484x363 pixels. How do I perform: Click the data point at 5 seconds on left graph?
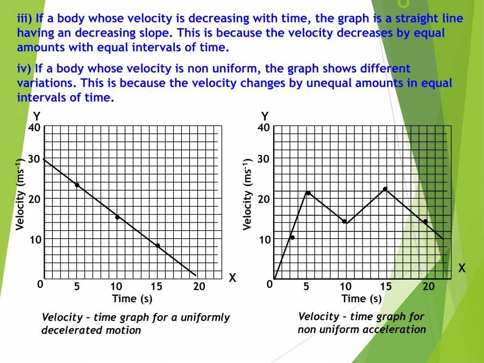pos(77,185)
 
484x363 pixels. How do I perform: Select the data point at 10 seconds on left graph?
pos(117,217)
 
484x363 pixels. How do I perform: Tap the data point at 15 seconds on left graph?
pos(158,245)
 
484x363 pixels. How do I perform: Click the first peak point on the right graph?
pos(308,193)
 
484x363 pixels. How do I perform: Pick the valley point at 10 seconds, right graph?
pos(345,221)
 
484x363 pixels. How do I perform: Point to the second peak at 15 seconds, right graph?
pos(385,189)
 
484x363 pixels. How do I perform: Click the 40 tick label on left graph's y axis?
pos(34,128)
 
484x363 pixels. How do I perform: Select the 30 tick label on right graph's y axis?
pos(264,159)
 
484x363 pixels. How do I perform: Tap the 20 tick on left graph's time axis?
pos(199,286)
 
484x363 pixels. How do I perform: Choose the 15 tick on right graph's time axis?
pos(386,286)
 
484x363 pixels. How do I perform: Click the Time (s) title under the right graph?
pos(361,298)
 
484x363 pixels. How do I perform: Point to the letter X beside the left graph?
pos(232,278)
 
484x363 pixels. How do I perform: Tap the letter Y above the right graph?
pos(265,116)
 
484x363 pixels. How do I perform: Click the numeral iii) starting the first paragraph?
pos(25,18)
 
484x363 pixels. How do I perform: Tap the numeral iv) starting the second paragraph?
pos(25,68)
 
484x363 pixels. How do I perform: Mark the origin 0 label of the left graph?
pos(40,284)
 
